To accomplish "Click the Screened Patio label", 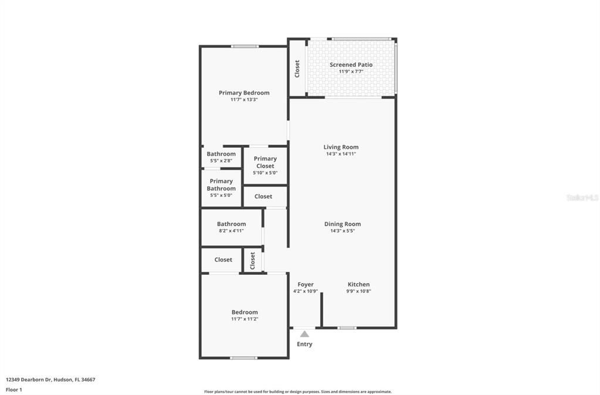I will [x=351, y=64].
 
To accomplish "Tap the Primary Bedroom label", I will [x=244, y=93].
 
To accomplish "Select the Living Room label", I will [x=341, y=147].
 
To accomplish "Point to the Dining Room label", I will [x=343, y=224].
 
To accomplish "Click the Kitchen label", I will [x=358, y=284].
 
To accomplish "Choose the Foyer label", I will [x=306, y=284].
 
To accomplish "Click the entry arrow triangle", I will [x=304, y=334].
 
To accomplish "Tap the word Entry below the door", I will [x=304, y=344].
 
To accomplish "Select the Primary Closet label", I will [x=265, y=162].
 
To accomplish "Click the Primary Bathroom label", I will [x=221, y=185].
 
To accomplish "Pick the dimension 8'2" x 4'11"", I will [x=231, y=231].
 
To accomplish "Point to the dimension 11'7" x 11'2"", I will [x=245, y=319].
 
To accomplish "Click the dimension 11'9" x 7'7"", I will [x=351, y=71].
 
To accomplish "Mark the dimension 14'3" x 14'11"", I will [x=341, y=154].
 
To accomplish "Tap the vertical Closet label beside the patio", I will [x=297, y=69].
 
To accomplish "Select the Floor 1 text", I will [x=13, y=389].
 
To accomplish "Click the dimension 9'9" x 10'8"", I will [x=358, y=291].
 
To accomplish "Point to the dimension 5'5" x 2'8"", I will [x=221, y=161].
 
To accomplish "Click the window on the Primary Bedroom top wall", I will [x=244, y=46].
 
